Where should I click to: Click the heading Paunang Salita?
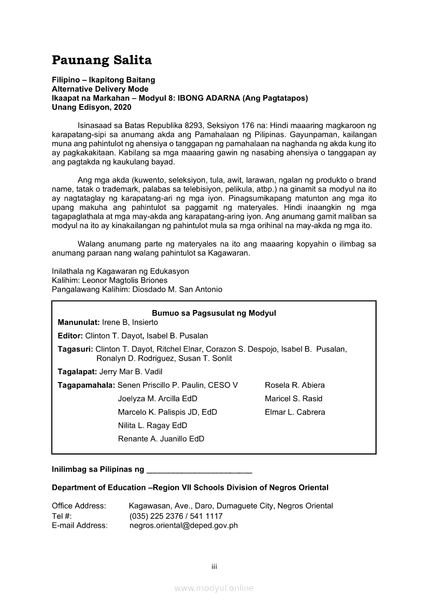pyautogui.click(x=102, y=60)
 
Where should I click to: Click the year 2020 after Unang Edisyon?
pyautogui.click(x=121, y=107)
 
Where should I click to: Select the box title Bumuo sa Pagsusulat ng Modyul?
pyautogui.click(x=213, y=313)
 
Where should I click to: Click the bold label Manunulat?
pyautogui.click(x=79, y=322)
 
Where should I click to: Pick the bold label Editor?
pyautogui.click(x=70, y=336)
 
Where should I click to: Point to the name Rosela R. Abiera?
pyautogui.click(x=295, y=385)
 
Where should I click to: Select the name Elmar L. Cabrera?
pyautogui.click(x=295, y=412)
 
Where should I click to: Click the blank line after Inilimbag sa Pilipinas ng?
pyautogui.click(x=199, y=471)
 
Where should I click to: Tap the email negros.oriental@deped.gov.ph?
pyautogui.click(x=183, y=525)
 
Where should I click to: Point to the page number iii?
pyautogui.click(x=214, y=567)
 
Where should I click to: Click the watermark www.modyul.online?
pyautogui.click(x=214, y=588)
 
